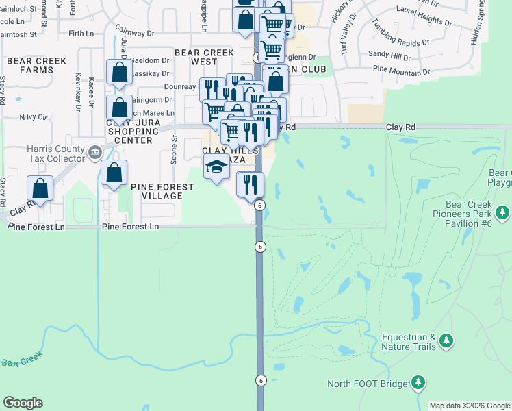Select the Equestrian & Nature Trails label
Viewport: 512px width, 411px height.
coord(409,342)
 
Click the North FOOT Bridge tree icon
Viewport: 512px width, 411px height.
coord(418,384)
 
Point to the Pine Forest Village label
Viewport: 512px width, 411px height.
coord(147,190)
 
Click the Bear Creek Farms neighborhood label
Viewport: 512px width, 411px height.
coord(36,66)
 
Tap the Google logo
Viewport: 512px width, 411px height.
coord(23,403)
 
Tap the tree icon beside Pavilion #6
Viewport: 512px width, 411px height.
coord(504,214)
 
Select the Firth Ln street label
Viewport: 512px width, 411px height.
coord(81,33)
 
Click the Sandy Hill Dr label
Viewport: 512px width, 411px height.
coord(388,53)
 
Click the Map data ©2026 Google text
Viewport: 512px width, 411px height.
coord(470,406)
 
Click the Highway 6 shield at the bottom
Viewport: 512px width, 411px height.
coord(260,380)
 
